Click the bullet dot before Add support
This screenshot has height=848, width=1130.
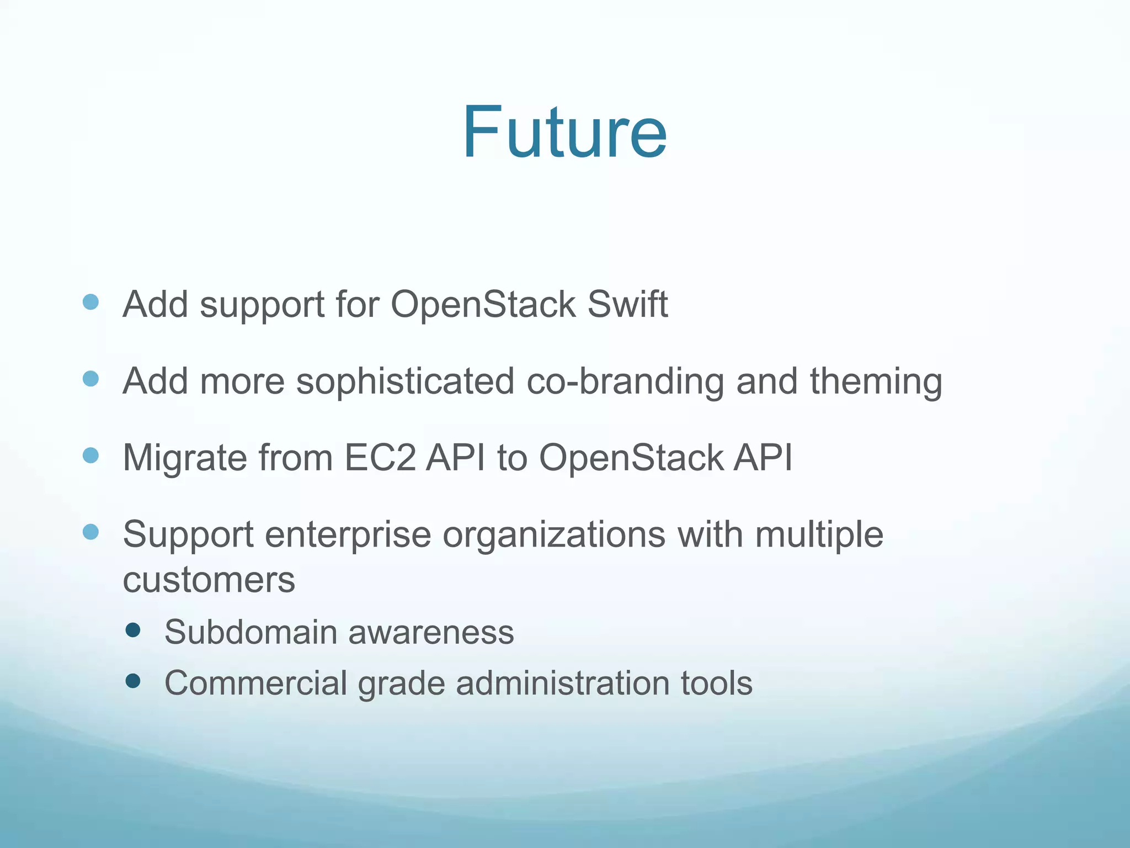90,302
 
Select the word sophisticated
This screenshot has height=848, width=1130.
405,381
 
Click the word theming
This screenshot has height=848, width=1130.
876,381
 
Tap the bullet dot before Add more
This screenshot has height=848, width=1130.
90,379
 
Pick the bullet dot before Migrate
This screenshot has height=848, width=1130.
90,455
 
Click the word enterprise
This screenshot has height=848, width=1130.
348,535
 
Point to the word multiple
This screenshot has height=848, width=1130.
819,535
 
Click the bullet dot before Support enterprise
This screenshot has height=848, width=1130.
90,532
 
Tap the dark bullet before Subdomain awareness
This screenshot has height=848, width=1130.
133,630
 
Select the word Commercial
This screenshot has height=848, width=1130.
255,683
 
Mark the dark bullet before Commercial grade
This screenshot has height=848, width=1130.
133,681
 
